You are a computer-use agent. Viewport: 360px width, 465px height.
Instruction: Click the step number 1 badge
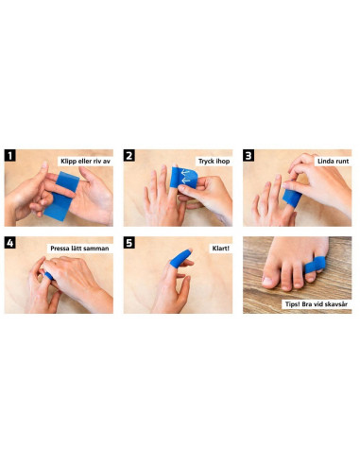[10, 156]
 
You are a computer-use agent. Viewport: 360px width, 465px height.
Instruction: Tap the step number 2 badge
[130, 156]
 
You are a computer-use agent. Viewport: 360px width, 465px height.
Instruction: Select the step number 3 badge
[249, 156]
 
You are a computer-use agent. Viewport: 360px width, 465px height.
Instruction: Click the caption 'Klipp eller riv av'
[86, 163]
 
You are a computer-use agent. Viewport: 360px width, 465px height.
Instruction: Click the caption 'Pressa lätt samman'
[79, 249]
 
